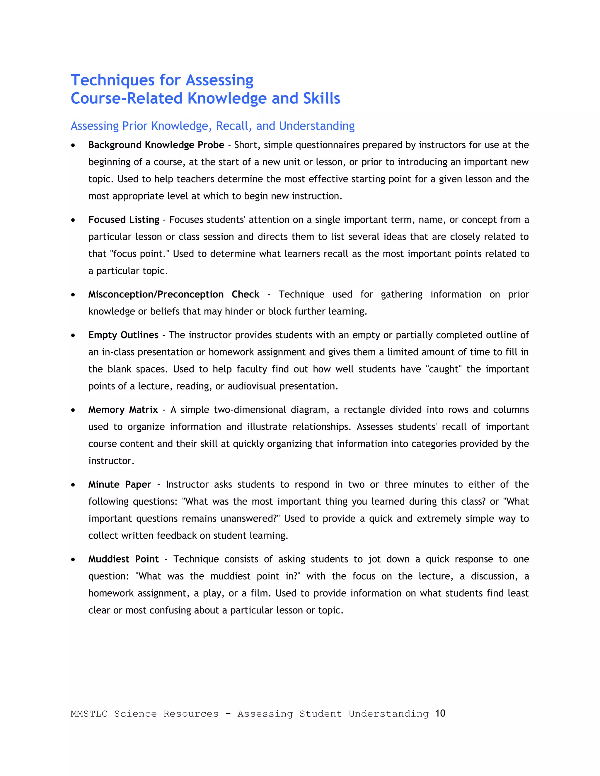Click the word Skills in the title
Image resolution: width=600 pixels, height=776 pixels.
click(321, 98)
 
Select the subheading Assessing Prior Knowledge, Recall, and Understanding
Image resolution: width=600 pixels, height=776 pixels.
click(213, 126)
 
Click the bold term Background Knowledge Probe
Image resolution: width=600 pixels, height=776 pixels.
click(156, 145)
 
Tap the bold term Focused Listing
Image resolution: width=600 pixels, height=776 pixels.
click(124, 220)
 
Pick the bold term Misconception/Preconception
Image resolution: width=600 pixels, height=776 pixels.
click(156, 294)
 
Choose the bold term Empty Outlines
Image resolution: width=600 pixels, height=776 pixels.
click(123, 335)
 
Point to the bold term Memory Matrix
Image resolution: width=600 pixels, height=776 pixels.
click(123, 410)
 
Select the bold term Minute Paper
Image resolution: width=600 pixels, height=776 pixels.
click(120, 484)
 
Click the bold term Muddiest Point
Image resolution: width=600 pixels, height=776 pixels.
click(123, 559)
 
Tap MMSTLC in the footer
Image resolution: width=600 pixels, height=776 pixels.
click(89, 714)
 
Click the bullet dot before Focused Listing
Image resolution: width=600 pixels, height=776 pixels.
click(73, 220)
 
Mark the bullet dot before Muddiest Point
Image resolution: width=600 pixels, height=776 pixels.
click(73, 560)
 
